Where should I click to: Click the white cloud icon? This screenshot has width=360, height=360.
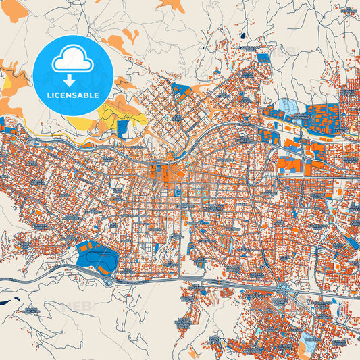pos(72,59)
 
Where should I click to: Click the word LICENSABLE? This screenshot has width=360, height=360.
pos(72,95)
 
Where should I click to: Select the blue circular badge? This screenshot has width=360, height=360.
pos(72,76)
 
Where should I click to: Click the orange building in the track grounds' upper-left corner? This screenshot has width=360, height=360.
pos(84,247)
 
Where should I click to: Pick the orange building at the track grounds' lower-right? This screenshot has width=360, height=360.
pos(104,271)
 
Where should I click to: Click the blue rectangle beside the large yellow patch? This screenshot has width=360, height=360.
pos(122,128)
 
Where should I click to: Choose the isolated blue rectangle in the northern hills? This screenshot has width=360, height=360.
pos(263,58)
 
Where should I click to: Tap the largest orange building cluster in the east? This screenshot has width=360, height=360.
pos(286,165)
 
